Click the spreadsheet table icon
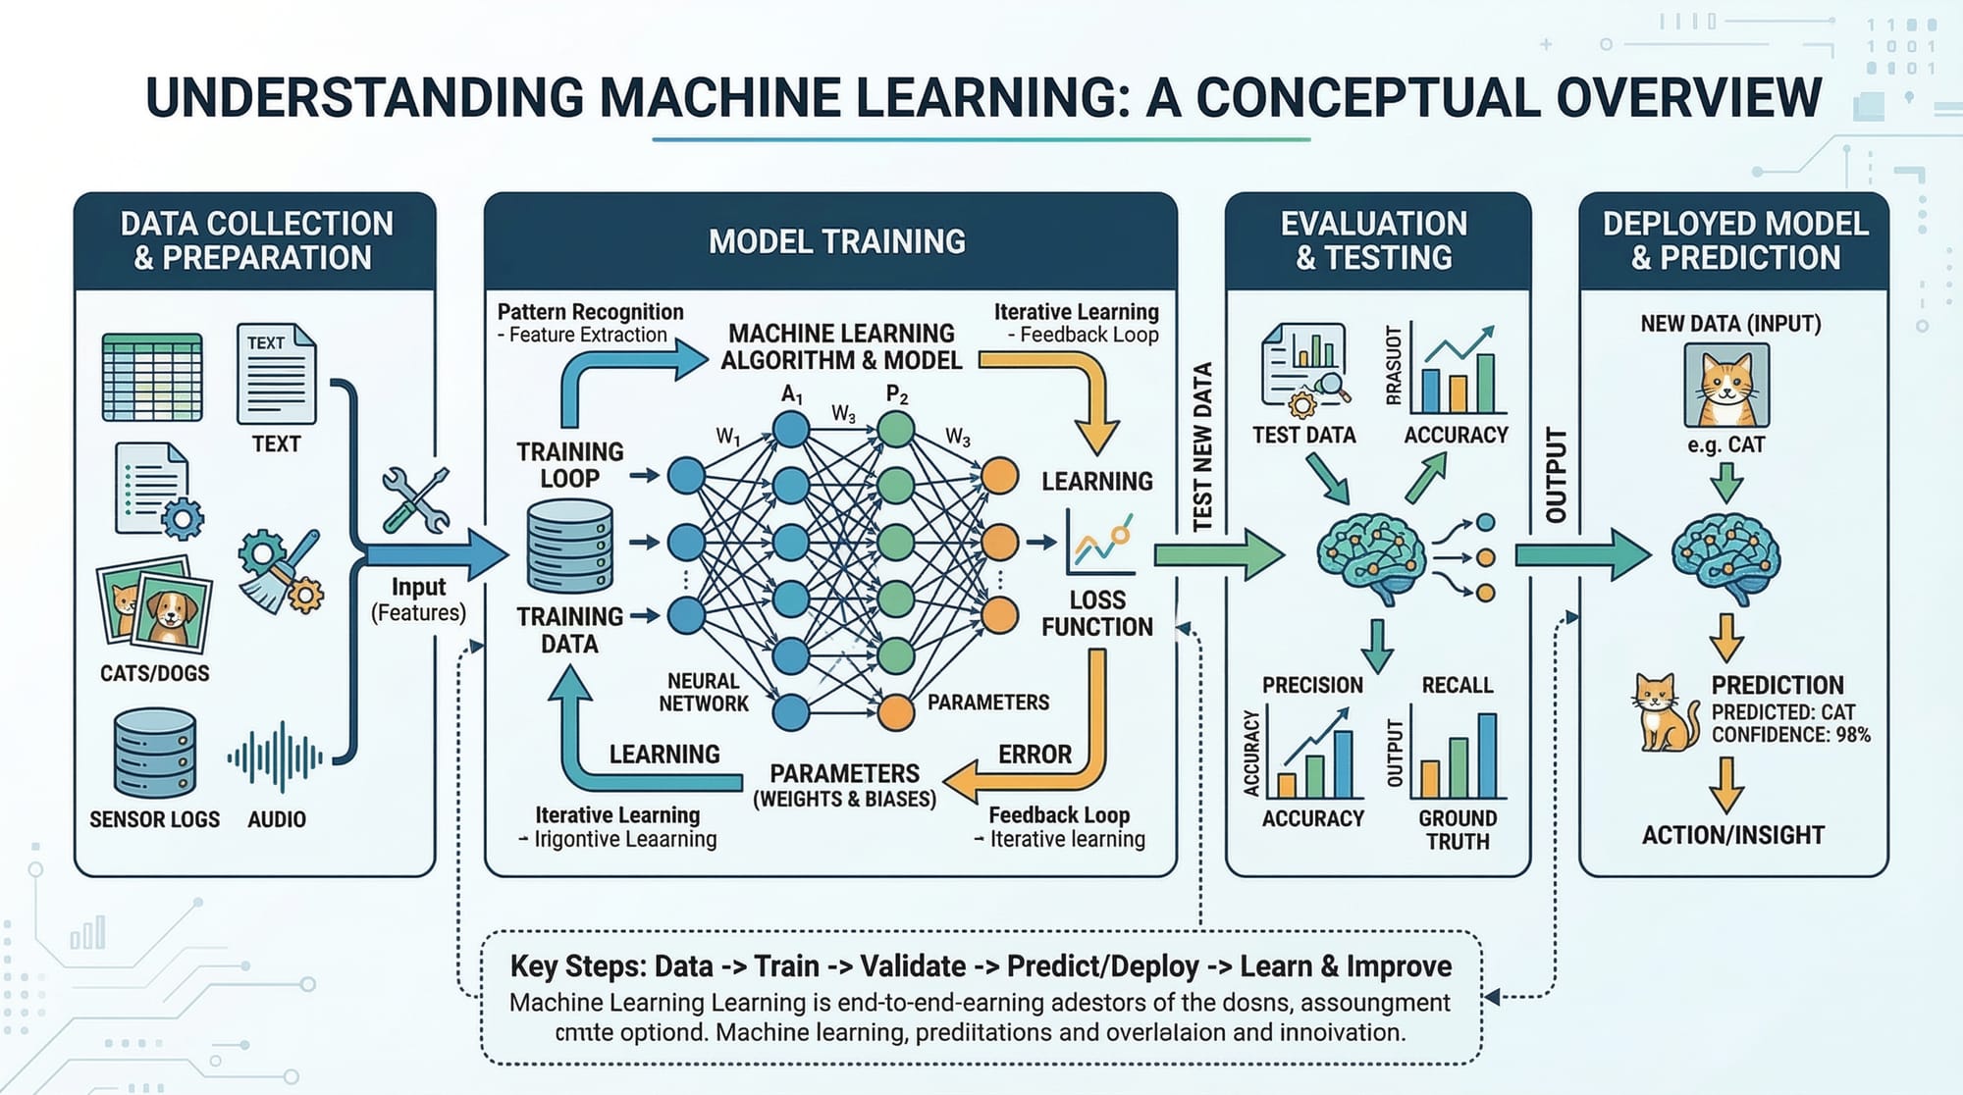[x=152, y=377]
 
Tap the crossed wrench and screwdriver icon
[x=415, y=499]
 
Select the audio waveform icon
[x=276, y=757]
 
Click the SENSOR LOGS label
[x=154, y=819]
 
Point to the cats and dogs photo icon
[x=154, y=605]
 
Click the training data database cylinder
[x=570, y=546]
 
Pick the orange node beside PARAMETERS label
[x=895, y=711]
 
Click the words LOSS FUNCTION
[x=1096, y=613]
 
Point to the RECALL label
[x=1457, y=685]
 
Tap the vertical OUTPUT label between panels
[x=1556, y=476]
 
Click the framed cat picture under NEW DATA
[x=1726, y=384]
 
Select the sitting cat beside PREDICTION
[x=1666, y=712]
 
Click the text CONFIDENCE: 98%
[x=1791, y=735]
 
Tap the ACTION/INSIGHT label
[x=1732, y=835]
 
